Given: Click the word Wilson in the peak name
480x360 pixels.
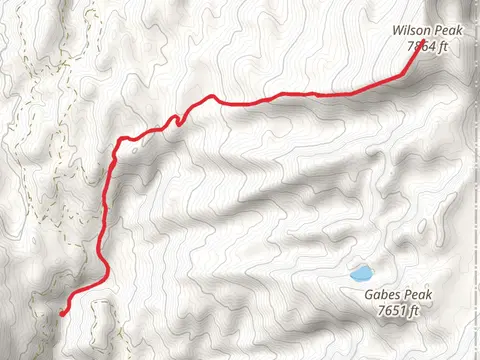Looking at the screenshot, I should pos(410,31).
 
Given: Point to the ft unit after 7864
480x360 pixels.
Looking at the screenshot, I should pos(444,45).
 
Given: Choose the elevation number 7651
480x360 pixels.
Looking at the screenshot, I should pos(392,312).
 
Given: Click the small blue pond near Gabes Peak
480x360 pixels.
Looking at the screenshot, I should pos(360,272).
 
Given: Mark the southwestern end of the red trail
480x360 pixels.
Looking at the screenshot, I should pos(62,314).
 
